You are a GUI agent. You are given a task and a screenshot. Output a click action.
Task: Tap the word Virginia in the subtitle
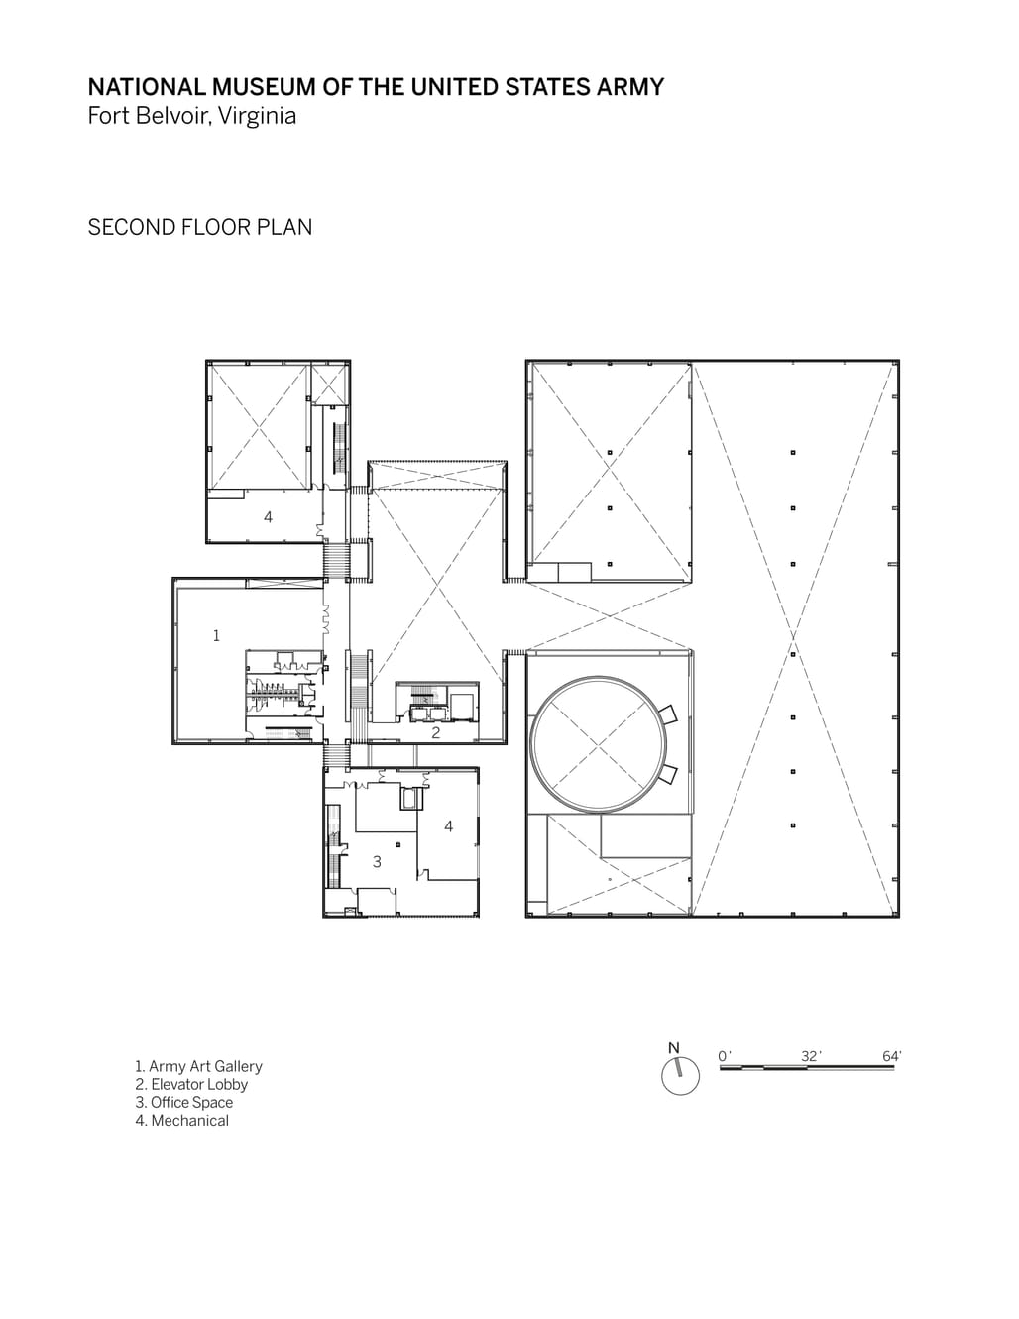pyautogui.click(x=257, y=115)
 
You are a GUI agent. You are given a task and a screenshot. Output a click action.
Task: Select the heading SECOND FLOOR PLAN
pyautogui.click(x=199, y=227)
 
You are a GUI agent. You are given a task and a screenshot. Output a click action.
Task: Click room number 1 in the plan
pyautogui.click(x=216, y=635)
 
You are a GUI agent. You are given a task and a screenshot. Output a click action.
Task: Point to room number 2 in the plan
pyautogui.click(x=436, y=732)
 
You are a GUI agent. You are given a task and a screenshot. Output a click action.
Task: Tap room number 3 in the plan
pyautogui.click(x=377, y=861)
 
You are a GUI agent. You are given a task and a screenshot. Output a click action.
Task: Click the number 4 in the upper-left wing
pyautogui.click(x=268, y=517)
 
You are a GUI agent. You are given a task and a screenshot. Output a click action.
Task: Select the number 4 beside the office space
pyautogui.click(x=448, y=826)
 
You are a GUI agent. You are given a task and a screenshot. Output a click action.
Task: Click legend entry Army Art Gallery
pyautogui.click(x=198, y=1066)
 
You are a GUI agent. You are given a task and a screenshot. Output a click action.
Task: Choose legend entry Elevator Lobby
pyautogui.click(x=191, y=1085)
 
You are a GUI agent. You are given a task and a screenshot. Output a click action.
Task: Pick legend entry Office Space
pyautogui.click(x=184, y=1102)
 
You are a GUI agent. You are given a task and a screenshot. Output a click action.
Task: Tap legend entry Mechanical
pyautogui.click(x=182, y=1121)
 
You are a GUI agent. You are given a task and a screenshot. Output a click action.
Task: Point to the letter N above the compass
pyautogui.click(x=674, y=1047)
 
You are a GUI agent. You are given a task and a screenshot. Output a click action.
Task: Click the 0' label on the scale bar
pyautogui.click(x=724, y=1056)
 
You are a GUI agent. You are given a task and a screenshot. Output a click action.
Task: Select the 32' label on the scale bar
pyautogui.click(x=811, y=1056)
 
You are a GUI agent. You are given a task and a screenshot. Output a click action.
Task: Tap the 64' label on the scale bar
pyautogui.click(x=891, y=1056)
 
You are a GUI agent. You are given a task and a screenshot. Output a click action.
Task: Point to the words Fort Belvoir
pyautogui.click(x=149, y=115)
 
